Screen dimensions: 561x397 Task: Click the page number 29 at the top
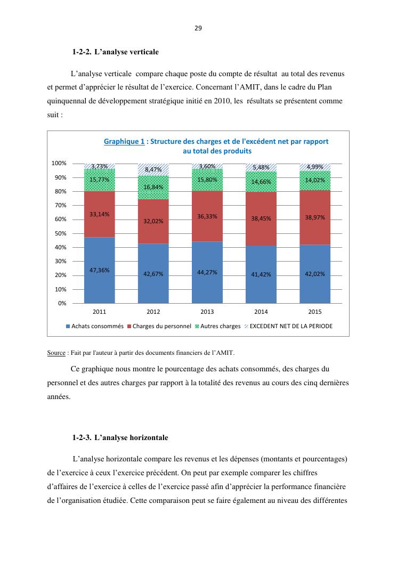pos(198,28)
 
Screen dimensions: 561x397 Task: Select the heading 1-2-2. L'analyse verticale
pos(116,52)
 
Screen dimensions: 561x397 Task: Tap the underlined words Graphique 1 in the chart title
pos(124,142)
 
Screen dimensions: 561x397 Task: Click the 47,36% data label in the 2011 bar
pos(100,270)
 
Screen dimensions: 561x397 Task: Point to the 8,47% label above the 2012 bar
pos(153,169)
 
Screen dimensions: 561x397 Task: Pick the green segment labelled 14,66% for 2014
pos(261,182)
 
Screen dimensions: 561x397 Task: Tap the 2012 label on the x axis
pos(153,312)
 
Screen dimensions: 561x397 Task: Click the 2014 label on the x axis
pos(261,312)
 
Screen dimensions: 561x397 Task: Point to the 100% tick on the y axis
pos(59,163)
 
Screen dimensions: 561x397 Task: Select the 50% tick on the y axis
pos(60,233)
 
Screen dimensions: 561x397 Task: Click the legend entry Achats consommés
pos(94,326)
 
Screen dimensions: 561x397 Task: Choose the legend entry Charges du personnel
pos(159,326)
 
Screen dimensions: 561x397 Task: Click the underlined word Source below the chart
pos(56,353)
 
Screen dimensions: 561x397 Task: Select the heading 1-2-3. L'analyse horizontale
pos(120,438)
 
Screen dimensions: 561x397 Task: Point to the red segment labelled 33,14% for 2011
pos(100,214)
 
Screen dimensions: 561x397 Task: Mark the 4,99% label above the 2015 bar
pos(315,167)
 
